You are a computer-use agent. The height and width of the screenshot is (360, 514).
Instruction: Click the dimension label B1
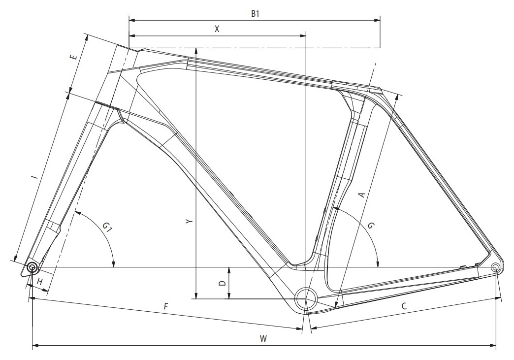tap(256, 13)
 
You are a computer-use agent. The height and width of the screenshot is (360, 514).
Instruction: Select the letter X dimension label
tap(217, 29)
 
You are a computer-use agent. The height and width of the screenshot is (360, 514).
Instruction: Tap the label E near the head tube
tap(74, 57)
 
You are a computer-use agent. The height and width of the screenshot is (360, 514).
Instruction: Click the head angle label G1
tap(107, 227)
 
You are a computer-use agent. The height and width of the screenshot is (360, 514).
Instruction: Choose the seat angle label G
tap(371, 226)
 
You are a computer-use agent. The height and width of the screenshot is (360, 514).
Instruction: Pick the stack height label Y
tap(189, 222)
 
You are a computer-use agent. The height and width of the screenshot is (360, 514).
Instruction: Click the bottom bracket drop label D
tap(222, 283)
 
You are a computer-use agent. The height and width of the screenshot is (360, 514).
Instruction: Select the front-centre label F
tap(166, 306)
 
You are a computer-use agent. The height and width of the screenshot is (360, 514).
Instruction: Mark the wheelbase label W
tap(263, 339)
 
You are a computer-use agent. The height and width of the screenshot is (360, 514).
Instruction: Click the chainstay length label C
tap(404, 306)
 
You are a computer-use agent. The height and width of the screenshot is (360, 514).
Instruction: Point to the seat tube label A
tap(361, 195)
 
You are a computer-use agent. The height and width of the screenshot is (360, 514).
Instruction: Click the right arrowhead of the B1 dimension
tap(377, 20)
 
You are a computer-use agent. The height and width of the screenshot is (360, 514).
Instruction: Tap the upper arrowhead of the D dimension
tap(229, 270)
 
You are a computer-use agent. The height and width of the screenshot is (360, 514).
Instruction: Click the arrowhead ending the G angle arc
tap(378, 264)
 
